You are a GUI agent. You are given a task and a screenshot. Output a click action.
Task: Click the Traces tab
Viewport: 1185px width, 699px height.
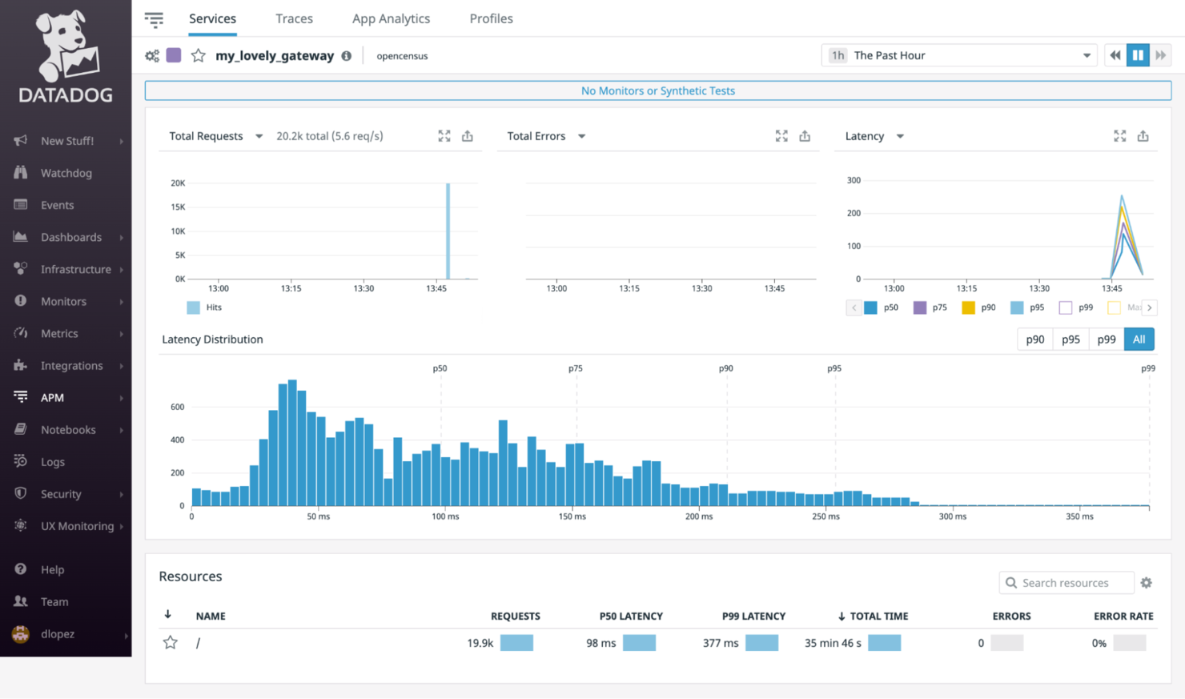[x=294, y=18]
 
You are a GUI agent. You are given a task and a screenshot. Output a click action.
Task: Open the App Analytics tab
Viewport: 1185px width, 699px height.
[x=391, y=18]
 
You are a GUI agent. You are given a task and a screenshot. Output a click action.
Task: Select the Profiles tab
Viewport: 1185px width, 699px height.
[x=491, y=18]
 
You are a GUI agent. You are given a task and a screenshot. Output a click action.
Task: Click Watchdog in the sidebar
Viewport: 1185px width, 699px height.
[x=66, y=173]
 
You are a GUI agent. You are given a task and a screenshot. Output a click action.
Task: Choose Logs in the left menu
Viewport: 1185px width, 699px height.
[x=53, y=462]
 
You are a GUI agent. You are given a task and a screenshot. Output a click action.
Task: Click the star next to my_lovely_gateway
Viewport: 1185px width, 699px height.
[x=199, y=55]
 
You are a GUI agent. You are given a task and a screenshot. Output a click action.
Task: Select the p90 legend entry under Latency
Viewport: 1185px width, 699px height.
[x=979, y=307]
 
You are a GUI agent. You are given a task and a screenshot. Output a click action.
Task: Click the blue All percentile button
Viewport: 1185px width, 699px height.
[x=1139, y=339]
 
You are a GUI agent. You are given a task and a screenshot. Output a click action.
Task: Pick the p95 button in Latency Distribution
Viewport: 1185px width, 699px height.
[x=1071, y=339]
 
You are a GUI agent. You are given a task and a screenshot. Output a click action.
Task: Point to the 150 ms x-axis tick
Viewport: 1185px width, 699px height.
[x=572, y=516]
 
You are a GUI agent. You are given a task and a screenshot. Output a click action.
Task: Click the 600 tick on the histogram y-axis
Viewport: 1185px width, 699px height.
[x=177, y=407]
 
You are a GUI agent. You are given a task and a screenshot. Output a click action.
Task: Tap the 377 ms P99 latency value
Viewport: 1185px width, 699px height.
[x=721, y=643]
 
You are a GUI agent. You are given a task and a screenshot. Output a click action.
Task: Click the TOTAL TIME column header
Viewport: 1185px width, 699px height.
[x=878, y=616]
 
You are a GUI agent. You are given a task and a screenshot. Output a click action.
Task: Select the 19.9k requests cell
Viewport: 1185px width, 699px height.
[x=480, y=643]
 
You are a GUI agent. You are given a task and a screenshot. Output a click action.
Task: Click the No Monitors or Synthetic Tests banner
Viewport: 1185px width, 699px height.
[x=657, y=90]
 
